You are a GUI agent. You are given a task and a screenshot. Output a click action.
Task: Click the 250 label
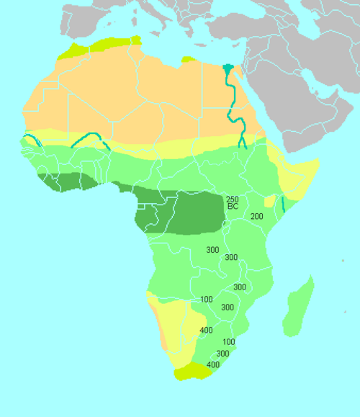click(x=232, y=199)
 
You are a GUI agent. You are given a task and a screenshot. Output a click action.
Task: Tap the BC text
click(x=233, y=207)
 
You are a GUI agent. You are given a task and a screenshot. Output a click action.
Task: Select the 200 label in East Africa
click(x=257, y=216)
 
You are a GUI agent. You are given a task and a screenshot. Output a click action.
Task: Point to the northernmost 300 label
click(x=212, y=250)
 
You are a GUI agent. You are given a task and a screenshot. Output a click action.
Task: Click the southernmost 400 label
click(x=213, y=365)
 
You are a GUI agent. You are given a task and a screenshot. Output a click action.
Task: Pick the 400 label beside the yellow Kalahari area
click(x=206, y=330)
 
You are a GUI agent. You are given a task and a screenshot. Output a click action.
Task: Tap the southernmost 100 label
click(x=229, y=341)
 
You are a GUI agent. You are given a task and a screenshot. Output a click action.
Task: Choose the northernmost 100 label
click(x=207, y=299)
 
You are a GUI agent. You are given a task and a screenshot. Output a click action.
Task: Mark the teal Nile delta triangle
click(x=228, y=70)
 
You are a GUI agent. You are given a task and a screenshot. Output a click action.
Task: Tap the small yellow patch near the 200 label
click(x=269, y=202)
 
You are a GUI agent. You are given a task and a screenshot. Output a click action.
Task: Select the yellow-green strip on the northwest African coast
click(x=101, y=45)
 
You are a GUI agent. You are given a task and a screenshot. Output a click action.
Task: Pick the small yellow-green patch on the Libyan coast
click(x=188, y=59)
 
